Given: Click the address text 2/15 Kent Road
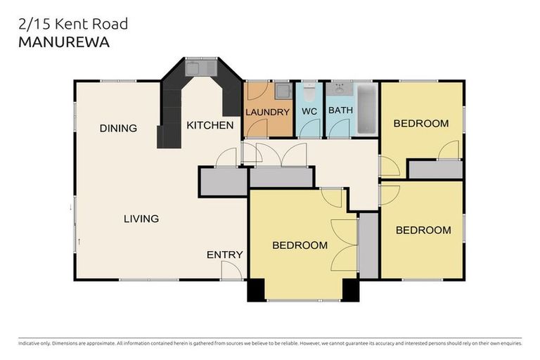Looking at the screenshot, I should tap(72, 24).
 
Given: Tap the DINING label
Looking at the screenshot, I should tap(117, 129).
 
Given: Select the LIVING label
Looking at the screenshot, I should tap(141, 219).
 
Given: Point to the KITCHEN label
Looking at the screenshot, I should tap(210, 126).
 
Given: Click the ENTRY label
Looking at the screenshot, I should tap(224, 255).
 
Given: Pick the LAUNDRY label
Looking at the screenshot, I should tap(267, 112).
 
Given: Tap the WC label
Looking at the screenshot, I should tap(309, 112).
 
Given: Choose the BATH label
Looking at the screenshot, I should tap(341, 111).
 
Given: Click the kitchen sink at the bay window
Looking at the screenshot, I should tap(194, 69).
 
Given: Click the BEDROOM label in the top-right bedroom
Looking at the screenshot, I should tap(420, 124).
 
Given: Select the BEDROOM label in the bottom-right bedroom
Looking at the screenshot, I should tap(423, 230).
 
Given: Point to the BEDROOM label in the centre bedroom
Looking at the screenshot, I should tap(300, 245).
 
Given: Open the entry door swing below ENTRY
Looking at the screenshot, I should tap(231, 270).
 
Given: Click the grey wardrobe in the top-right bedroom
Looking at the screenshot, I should tap(435, 169).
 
